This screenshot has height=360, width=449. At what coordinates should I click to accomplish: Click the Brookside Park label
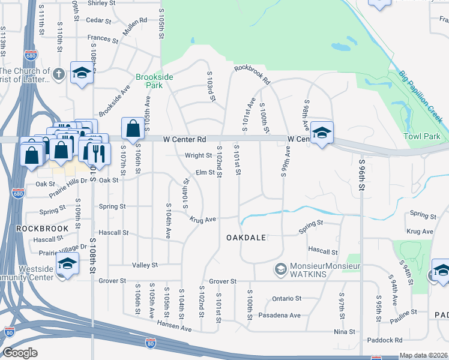click(x=154, y=81)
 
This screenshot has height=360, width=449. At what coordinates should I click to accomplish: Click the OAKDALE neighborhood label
click(x=246, y=238)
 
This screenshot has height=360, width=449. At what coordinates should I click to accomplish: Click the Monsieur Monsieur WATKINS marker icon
click(x=279, y=269)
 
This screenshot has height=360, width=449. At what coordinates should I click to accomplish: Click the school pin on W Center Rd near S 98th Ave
click(x=322, y=134)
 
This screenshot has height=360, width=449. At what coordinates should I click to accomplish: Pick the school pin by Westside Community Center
click(x=67, y=265)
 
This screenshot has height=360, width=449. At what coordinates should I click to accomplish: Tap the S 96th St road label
click(x=362, y=174)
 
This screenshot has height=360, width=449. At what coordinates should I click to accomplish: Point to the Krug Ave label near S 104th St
click(x=203, y=220)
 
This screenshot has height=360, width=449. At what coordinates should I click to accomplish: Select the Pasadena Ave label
click(x=279, y=315)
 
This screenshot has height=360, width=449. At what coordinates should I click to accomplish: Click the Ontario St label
click(x=286, y=298)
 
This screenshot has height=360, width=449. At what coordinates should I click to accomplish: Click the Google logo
click(x=20, y=353)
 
